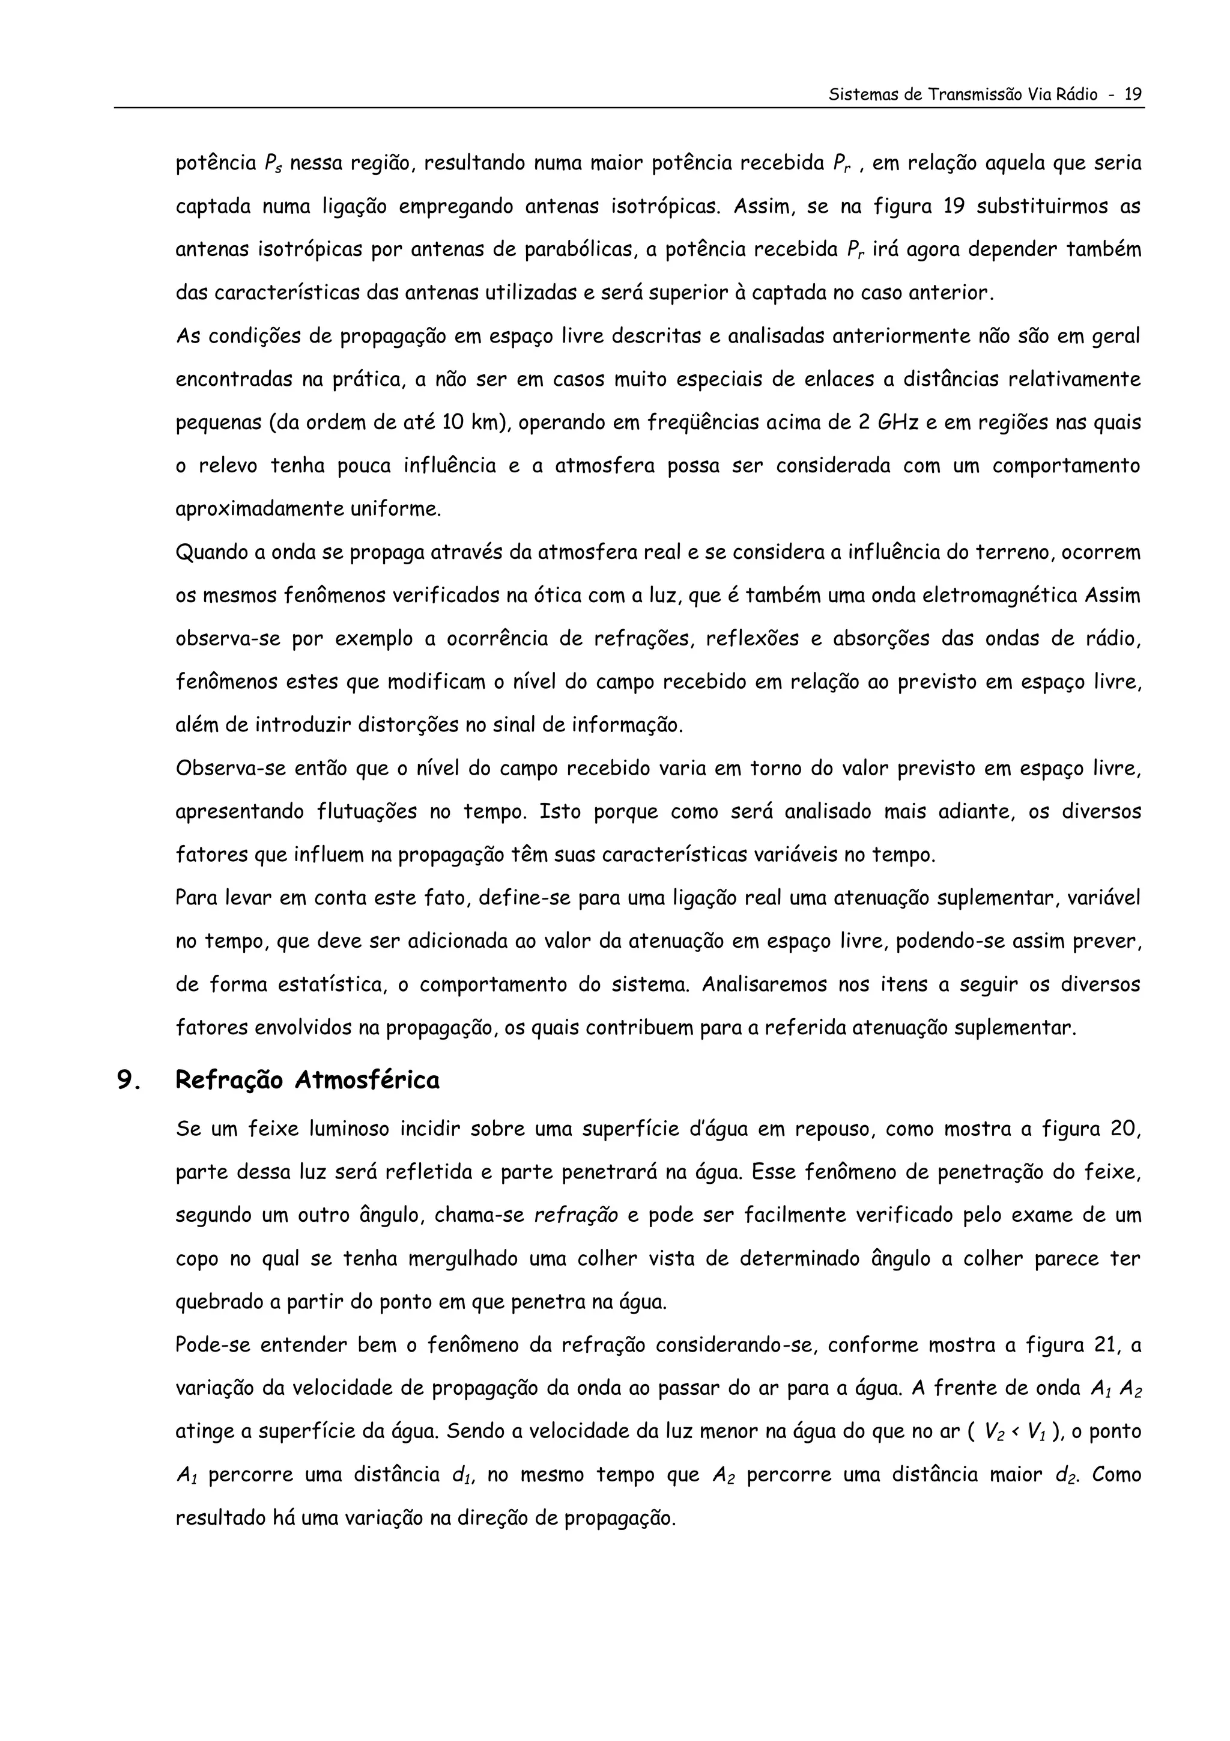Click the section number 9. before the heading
click(129, 1081)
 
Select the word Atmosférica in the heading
click(367, 1080)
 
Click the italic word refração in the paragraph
click(576, 1216)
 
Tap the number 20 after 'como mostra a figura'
click(1125, 1129)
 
